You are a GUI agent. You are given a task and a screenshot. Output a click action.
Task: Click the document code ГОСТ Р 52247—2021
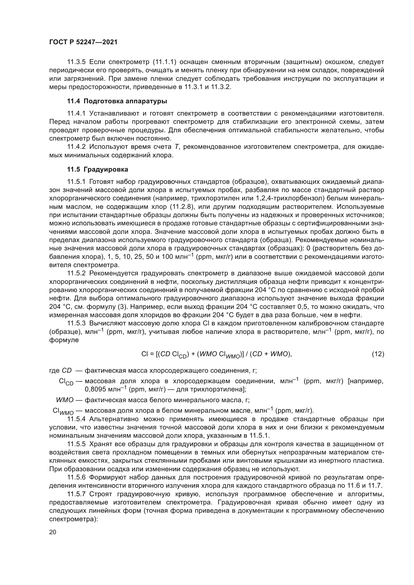(x=83, y=42)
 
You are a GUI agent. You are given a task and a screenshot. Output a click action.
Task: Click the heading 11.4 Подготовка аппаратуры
(x=117, y=101)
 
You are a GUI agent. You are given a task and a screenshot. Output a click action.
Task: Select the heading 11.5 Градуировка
(x=98, y=169)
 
